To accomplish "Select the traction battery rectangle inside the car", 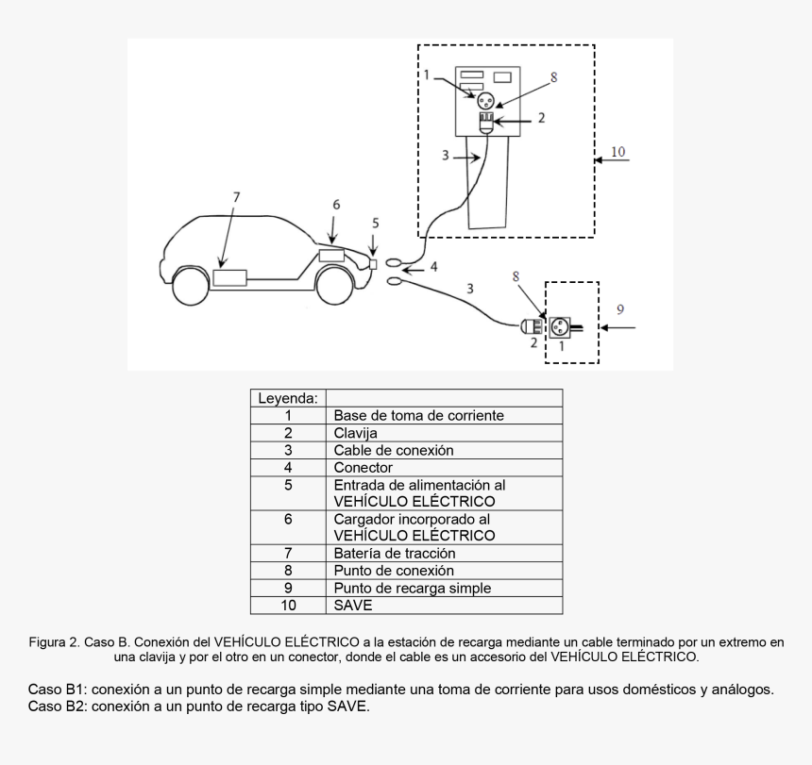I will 229,278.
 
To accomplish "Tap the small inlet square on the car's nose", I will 374,264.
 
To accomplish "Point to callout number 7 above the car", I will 236,196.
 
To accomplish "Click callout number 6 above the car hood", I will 336,205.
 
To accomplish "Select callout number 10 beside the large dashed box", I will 617,151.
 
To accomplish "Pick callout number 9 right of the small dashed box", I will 619,309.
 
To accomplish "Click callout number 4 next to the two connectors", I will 433,267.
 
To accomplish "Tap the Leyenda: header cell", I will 287,398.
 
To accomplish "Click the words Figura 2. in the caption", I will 53,642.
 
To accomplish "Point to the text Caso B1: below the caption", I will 58,690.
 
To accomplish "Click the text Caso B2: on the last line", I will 58,706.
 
